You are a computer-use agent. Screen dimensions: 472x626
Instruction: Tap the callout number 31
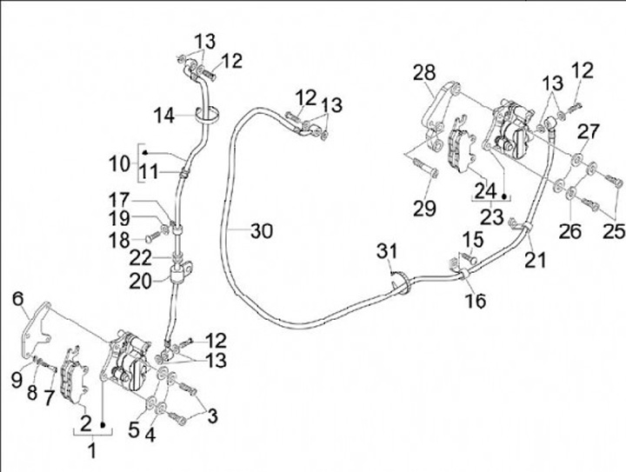388,251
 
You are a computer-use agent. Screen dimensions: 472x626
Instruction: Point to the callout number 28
424,72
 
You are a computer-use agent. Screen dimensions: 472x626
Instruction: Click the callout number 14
165,114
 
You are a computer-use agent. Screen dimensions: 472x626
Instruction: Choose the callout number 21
536,258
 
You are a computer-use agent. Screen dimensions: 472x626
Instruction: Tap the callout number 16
475,301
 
